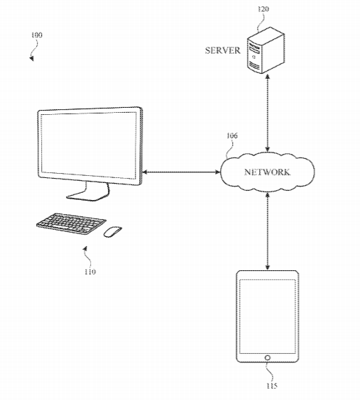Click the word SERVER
coord(223,50)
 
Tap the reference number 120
coord(263,9)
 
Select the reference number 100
coord(36,35)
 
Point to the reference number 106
coord(232,135)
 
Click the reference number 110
coord(90,272)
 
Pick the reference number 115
coord(272,386)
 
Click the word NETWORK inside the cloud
coord(267,172)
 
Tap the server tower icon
coord(266,50)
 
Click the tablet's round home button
coord(267,357)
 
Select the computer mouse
coord(113,232)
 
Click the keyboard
coord(71,224)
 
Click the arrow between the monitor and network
coord(181,172)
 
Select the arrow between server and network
coord(267,113)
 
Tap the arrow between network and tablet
coord(267,231)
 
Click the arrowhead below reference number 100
coord(32,58)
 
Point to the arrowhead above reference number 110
coord(85,248)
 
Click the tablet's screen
coord(268,316)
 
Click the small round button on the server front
coord(253,57)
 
